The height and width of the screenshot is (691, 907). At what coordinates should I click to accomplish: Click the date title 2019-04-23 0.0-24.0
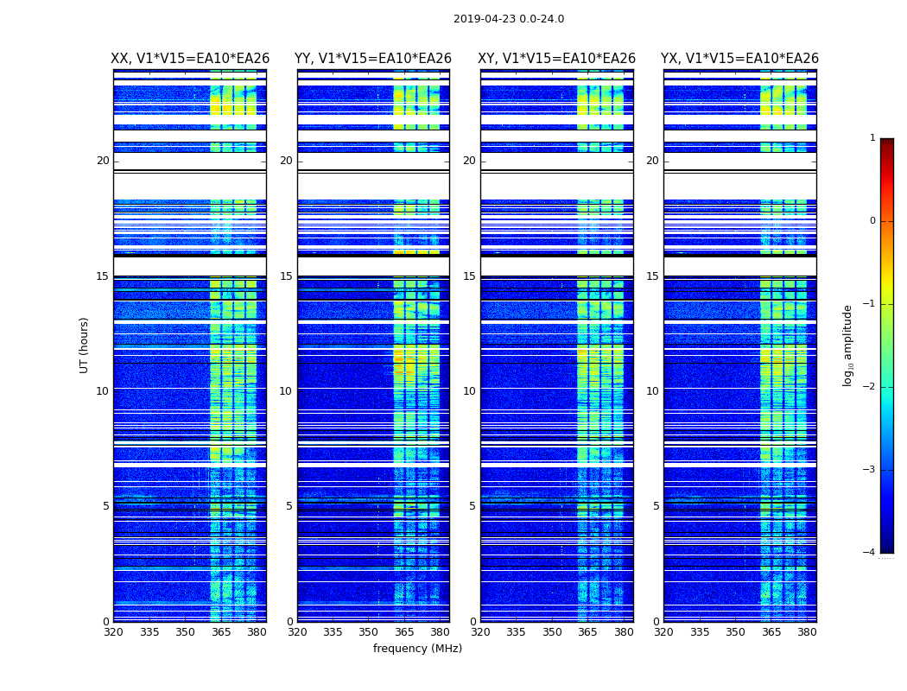coord(509,19)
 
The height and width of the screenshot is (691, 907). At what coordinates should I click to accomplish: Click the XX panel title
coord(190,59)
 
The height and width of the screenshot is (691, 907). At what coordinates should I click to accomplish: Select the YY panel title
coord(373,59)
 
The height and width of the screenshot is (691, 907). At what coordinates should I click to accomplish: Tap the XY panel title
coord(557,59)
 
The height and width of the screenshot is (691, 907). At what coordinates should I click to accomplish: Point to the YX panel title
coord(739,59)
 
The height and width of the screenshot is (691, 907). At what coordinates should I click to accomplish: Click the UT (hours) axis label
coord(84,345)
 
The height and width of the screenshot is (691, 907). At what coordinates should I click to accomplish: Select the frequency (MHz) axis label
coord(417,649)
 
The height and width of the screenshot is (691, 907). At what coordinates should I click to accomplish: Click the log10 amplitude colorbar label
coord(848,345)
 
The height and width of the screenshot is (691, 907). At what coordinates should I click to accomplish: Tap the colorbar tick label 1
coord(872,138)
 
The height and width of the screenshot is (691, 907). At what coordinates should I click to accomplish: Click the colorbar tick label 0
coord(872,221)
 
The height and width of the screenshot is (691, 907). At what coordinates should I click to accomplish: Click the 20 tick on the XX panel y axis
coord(103,161)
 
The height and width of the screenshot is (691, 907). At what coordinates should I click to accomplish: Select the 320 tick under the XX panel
coord(113,632)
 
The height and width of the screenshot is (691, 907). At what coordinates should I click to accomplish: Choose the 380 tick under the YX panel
coord(807,632)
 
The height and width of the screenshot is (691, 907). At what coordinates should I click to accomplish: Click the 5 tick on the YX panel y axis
coord(656,506)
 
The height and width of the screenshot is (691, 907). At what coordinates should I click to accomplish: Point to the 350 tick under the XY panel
coord(552,632)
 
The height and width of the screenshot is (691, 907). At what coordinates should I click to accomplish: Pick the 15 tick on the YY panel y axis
coord(286,276)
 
